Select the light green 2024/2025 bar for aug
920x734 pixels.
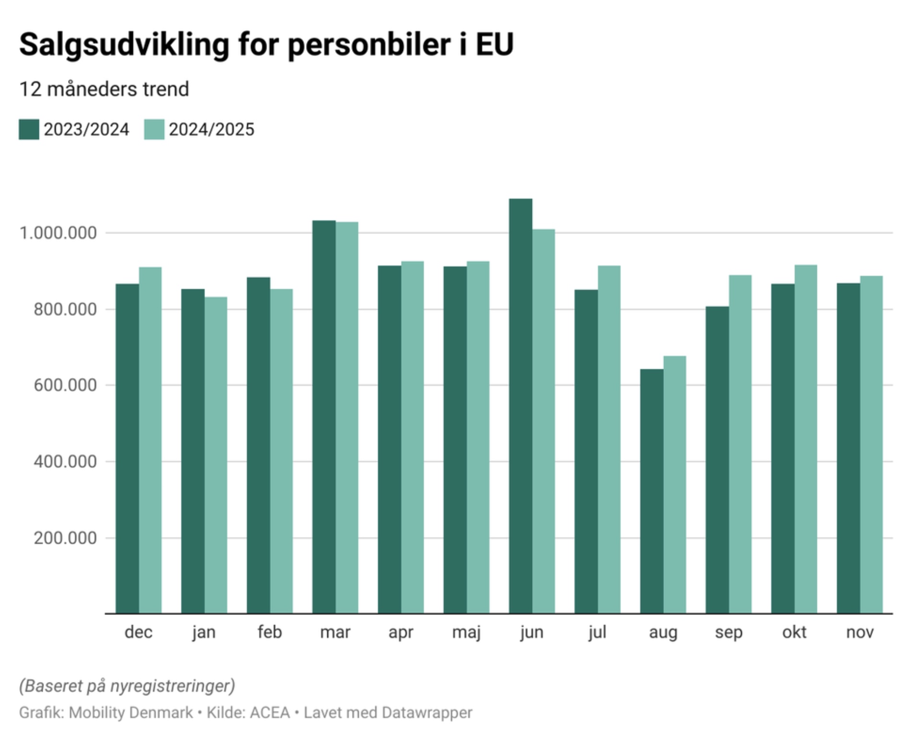click(675, 484)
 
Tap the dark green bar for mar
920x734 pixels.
click(324, 417)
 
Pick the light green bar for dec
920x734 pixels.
click(150, 440)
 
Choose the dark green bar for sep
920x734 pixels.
click(717, 460)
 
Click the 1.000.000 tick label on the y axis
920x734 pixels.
click(58, 233)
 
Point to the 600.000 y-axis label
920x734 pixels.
click(65, 386)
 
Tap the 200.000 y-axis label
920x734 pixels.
click(65, 538)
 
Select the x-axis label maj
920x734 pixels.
click(466, 632)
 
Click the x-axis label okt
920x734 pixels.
click(794, 632)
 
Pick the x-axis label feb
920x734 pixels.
click(269, 632)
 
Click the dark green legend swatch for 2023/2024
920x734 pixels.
click(29, 130)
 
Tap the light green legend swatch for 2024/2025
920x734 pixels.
click(154, 130)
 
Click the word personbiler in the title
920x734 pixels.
click(369, 45)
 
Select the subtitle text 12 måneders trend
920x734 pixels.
click(104, 90)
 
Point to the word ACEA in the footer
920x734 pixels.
click(270, 712)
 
